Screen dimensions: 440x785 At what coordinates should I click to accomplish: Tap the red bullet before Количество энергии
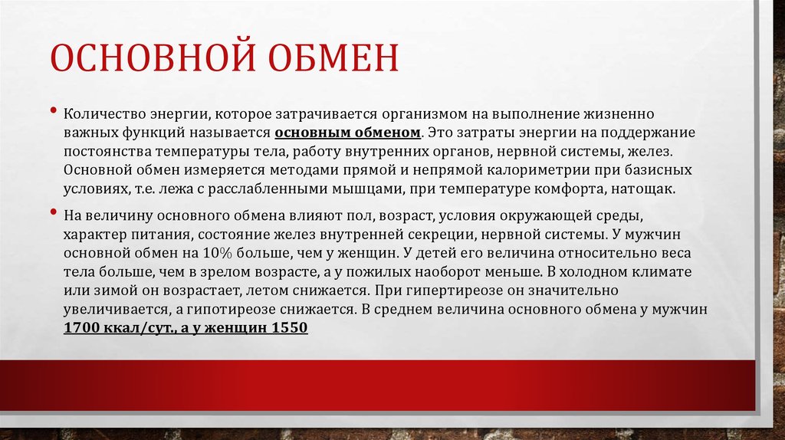54,110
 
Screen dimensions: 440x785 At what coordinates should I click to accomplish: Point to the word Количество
100,113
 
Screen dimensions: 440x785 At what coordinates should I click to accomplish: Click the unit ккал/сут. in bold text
140,327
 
